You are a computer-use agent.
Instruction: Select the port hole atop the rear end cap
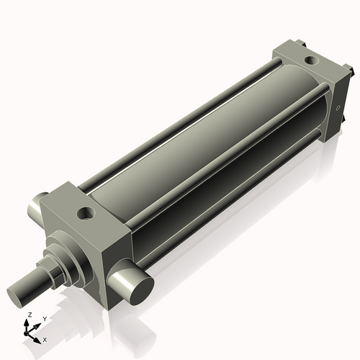click(x=310, y=60)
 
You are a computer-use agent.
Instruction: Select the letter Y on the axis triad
click(x=44, y=318)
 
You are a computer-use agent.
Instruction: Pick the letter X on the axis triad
click(x=45, y=339)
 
